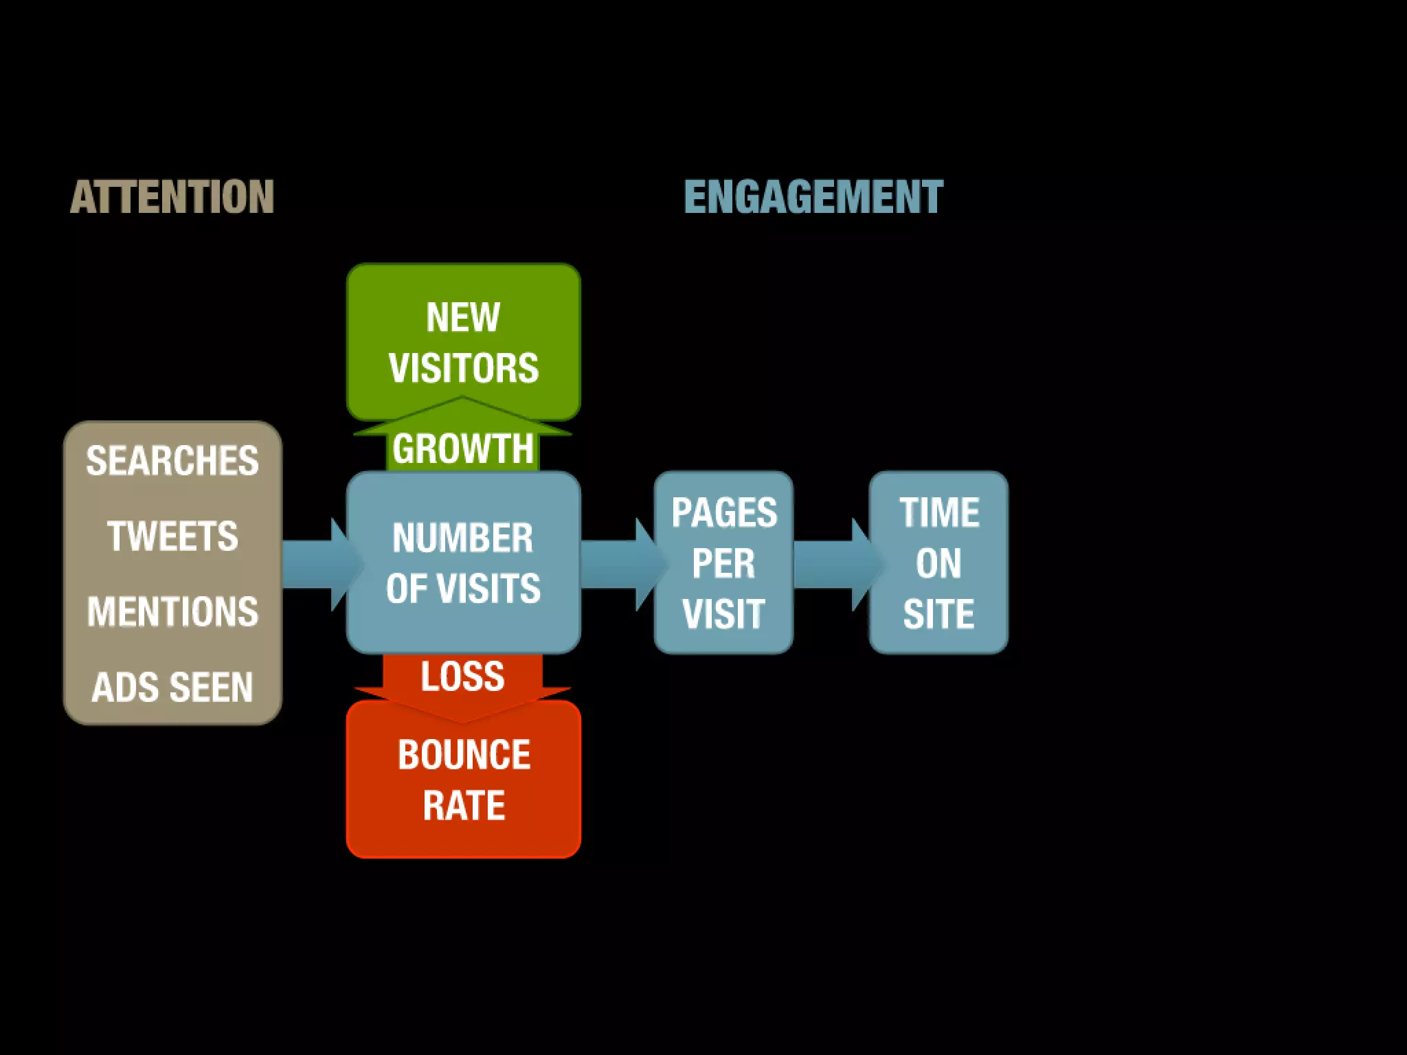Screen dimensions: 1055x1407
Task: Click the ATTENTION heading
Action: (172, 197)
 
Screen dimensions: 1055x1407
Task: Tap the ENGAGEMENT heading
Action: (813, 197)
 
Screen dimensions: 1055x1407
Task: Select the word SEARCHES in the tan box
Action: (172, 460)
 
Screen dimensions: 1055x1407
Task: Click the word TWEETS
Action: (172, 536)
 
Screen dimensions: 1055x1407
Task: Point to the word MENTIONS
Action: (172, 611)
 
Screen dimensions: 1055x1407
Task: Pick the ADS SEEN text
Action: (172, 687)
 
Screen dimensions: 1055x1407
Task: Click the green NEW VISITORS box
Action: (463, 341)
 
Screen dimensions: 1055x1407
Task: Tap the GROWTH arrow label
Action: (463, 449)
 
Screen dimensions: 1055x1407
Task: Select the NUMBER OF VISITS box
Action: (463, 563)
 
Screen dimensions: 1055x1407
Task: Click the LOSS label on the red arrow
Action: (462, 677)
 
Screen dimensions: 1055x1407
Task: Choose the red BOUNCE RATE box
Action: (464, 780)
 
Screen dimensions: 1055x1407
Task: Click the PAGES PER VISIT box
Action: (723, 563)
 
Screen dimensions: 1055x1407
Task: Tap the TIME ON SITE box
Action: (938, 563)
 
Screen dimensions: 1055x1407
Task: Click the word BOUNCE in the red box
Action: (464, 755)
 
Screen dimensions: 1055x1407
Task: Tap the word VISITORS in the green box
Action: (464, 367)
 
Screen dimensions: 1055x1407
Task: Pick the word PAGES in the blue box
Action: (724, 512)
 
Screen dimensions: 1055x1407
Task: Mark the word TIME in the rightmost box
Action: (939, 512)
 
